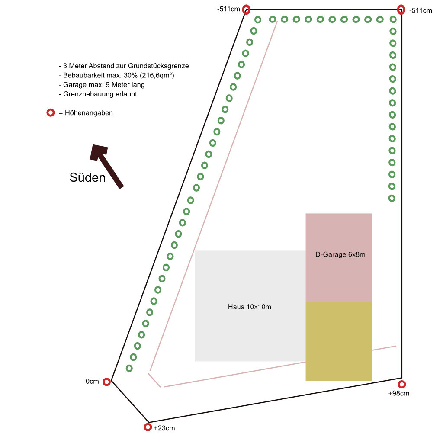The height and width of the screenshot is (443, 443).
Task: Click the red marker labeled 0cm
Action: (106, 382)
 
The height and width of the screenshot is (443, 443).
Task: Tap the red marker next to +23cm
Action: (148, 427)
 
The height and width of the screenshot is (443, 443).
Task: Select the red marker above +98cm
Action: (402, 384)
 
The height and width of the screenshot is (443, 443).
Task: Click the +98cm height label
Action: (398, 393)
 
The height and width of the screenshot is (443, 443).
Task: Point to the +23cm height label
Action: (164, 428)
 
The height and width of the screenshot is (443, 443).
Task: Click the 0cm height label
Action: (92, 382)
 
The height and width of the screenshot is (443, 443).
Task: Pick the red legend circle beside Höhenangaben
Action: (51, 113)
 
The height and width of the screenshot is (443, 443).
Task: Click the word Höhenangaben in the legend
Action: (89, 113)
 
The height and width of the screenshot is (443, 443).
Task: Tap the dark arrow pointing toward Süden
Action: (106, 166)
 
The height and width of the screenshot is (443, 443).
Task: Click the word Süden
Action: (87, 177)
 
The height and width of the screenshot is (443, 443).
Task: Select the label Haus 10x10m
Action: (250, 307)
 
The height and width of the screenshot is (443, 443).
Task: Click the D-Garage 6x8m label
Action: (340, 254)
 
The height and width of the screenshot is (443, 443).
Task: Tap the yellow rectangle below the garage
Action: (339, 341)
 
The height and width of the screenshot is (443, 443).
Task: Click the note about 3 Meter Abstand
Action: (124, 66)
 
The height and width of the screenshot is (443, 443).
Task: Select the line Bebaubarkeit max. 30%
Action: (116, 75)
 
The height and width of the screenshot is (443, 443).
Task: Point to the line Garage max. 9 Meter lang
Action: (102, 84)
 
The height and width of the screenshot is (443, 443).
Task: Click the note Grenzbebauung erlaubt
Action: (98, 94)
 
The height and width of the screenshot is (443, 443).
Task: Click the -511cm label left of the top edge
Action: (228, 9)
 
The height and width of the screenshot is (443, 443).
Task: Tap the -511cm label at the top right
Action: (421, 10)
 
